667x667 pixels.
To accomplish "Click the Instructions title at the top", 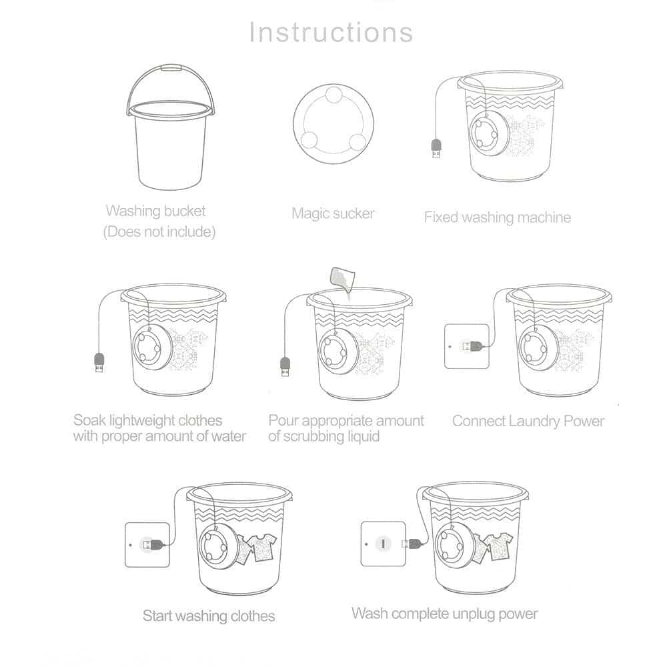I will click(x=331, y=32).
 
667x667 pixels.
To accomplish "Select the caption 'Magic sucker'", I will click(x=333, y=213).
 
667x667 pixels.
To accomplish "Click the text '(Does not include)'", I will click(x=159, y=233).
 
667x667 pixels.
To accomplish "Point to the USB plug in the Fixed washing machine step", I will click(x=436, y=148).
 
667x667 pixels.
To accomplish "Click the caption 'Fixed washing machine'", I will click(x=497, y=217).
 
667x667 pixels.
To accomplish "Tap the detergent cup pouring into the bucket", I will click(x=342, y=279).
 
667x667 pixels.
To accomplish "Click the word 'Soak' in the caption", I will click(x=88, y=420).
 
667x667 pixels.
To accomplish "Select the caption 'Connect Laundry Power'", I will click(x=528, y=421).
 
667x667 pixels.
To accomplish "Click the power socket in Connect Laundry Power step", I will click(x=466, y=346).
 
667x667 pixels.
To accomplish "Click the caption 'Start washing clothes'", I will click(x=208, y=615).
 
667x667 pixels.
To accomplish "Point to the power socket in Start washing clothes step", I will click(x=147, y=544).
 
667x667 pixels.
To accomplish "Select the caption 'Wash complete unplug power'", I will click(x=444, y=613).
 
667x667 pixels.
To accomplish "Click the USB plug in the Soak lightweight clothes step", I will click(x=99, y=364).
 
